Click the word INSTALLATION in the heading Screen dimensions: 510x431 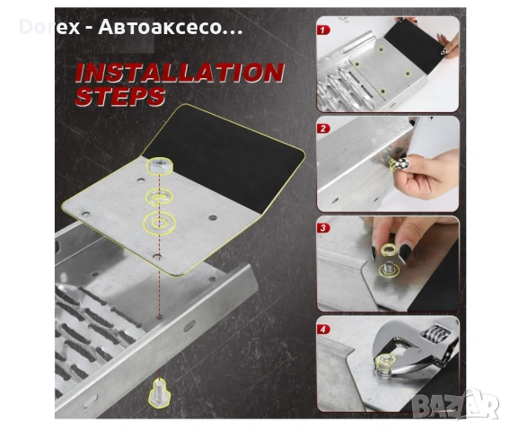(180, 72)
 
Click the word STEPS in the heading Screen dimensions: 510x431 (120, 96)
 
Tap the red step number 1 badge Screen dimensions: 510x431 (323, 31)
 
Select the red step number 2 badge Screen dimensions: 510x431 (323, 128)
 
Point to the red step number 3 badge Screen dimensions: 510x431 (323, 228)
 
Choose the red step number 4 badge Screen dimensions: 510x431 (323, 330)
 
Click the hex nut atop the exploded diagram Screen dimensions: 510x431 (160, 165)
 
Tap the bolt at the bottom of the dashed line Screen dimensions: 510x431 (159, 393)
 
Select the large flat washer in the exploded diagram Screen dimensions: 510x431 (160, 224)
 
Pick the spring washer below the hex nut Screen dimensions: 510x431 (159, 197)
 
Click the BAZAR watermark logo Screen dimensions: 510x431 (454, 404)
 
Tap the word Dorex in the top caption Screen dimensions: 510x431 (49, 27)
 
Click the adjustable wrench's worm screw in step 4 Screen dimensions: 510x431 (435, 334)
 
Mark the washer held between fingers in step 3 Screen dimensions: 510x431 (390, 250)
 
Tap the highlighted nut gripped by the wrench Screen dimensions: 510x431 (385, 362)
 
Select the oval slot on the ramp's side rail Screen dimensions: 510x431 (189, 326)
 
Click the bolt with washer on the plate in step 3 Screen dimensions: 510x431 (389, 269)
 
